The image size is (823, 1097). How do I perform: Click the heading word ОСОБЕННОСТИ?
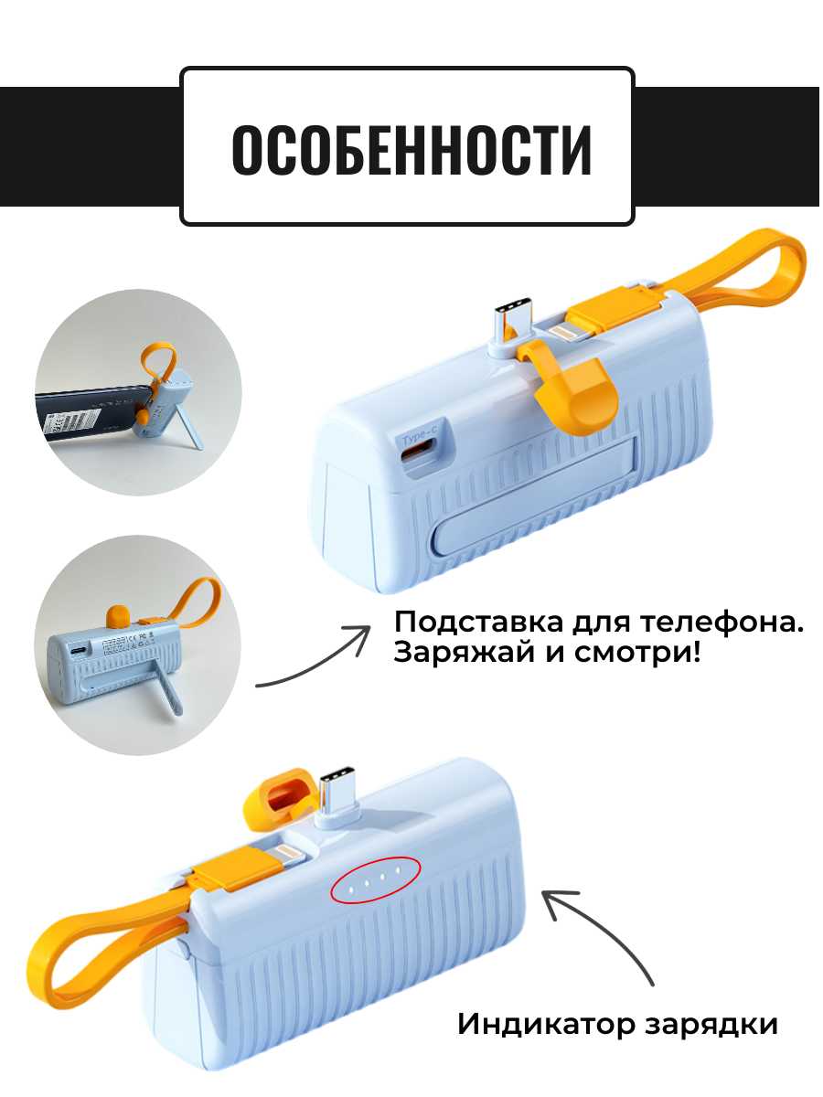411,150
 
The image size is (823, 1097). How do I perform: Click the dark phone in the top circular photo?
88,413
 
